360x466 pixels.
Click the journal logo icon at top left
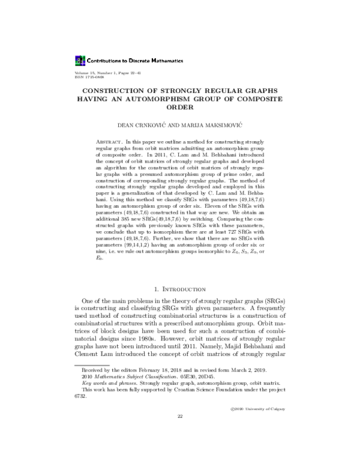click(x=80, y=60)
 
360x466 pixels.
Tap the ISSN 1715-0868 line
click(x=88, y=76)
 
